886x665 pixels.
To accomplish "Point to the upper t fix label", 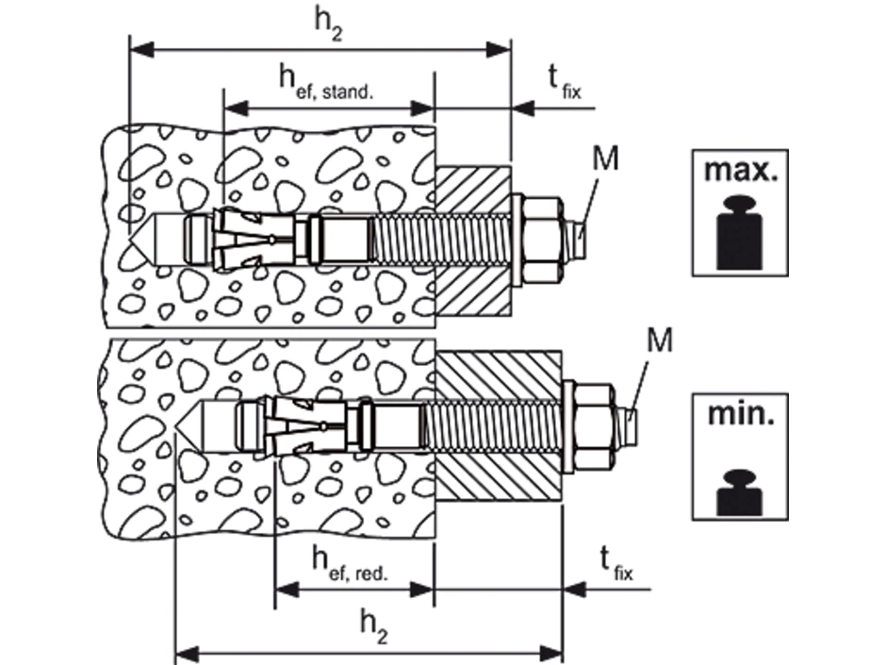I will pyautogui.click(x=564, y=82).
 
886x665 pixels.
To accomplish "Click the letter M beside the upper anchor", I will pyautogui.click(x=605, y=158).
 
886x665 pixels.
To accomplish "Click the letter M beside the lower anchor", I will pyautogui.click(x=660, y=340).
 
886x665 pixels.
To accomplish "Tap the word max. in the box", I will pyautogui.click(x=737, y=174).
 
